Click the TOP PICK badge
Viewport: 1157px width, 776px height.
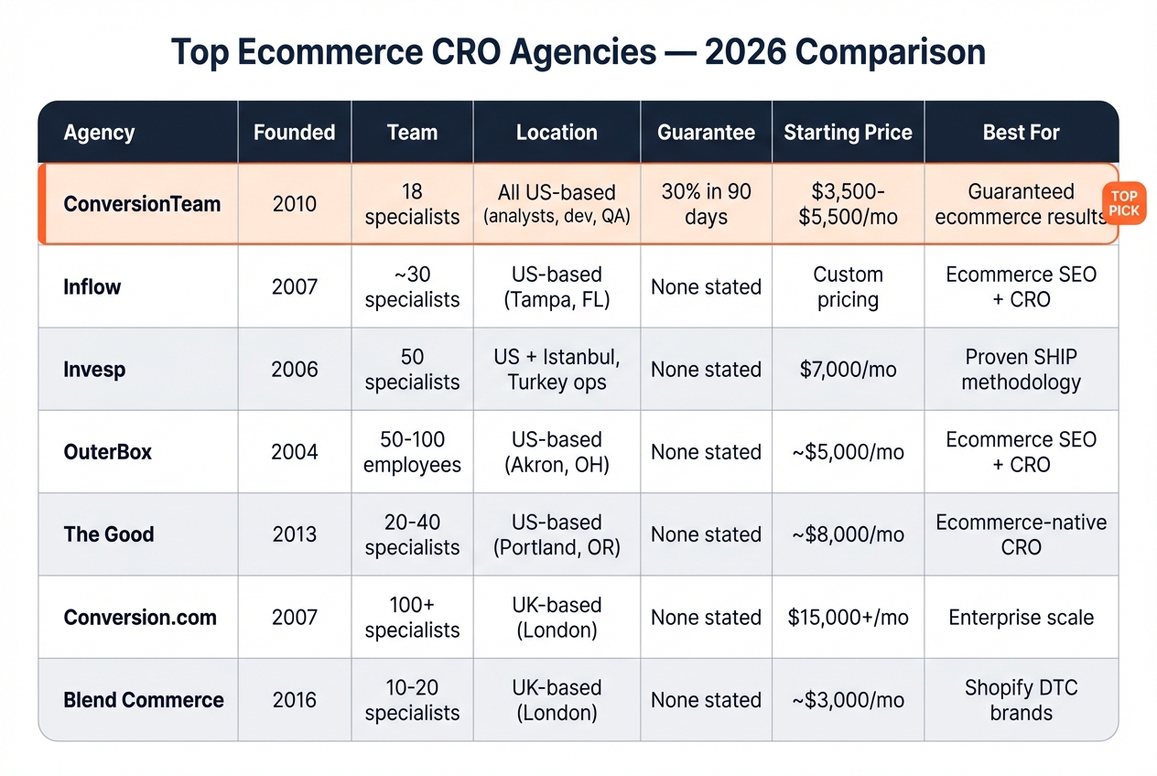tap(1123, 203)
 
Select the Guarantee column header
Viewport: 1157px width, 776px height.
tap(706, 133)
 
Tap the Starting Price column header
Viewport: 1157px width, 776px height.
tap(848, 133)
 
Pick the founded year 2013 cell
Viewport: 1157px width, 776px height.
tap(295, 534)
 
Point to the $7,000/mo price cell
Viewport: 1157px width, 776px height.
tap(848, 370)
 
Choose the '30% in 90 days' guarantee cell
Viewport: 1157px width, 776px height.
tap(706, 204)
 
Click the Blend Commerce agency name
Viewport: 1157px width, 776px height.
tap(144, 700)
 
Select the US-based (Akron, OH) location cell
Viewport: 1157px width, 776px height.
tap(557, 452)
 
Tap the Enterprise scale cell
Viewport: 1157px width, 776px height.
tap(1021, 618)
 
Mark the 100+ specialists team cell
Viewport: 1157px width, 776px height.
tap(412, 618)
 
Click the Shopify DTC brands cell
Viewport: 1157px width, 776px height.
tap(1021, 700)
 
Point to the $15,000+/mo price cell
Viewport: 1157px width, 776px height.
tap(848, 618)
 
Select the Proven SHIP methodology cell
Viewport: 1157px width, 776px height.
tap(1021, 370)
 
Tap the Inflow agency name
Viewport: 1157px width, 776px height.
tap(92, 287)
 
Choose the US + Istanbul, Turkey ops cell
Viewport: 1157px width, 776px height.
tap(557, 370)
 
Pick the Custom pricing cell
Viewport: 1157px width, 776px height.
tap(848, 287)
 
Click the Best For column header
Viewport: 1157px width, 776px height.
tap(1021, 133)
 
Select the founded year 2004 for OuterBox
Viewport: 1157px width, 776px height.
tap(295, 452)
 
